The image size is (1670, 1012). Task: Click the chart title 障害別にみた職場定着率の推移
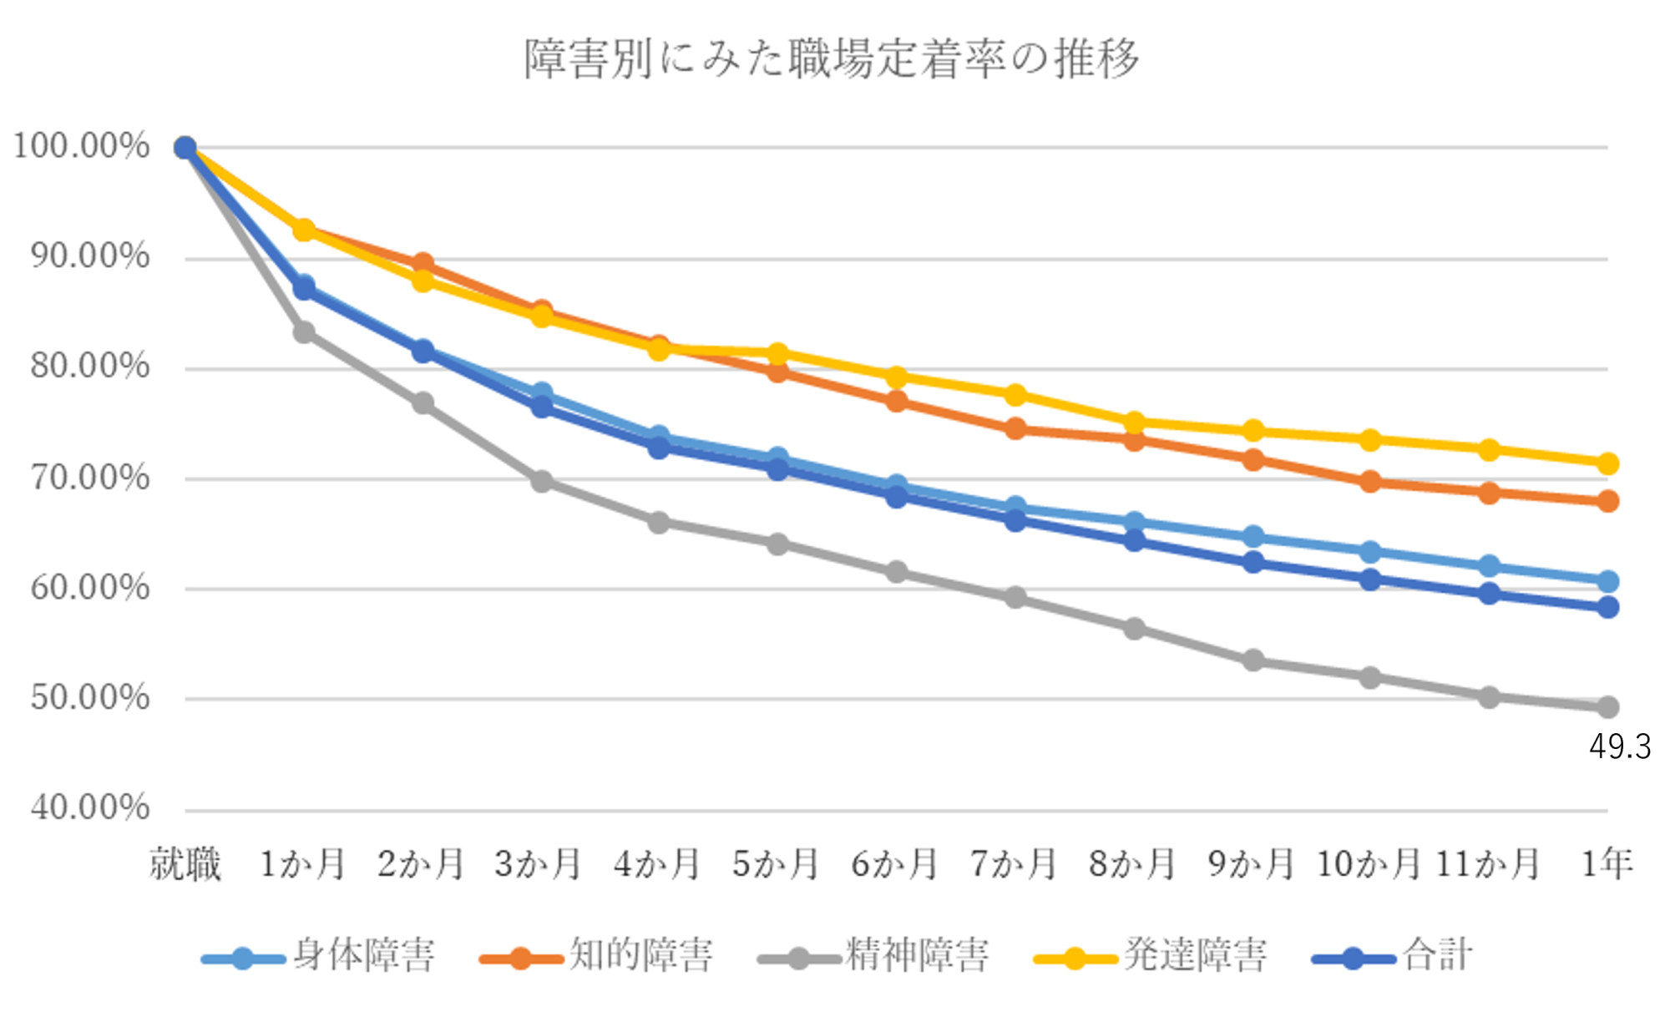pyautogui.click(x=831, y=59)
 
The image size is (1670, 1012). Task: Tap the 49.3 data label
pyautogui.click(x=1619, y=746)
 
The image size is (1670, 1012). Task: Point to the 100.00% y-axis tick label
pyautogui.click(x=81, y=146)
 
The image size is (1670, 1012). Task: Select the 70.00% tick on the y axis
pyautogui.click(x=89, y=478)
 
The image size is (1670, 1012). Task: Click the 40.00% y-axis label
pyautogui.click(x=89, y=807)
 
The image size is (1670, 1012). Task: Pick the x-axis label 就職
pyautogui.click(x=185, y=863)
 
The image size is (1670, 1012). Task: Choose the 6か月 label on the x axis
pyautogui.click(x=894, y=863)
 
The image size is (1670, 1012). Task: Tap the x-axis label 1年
pyautogui.click(x=1607, y=863)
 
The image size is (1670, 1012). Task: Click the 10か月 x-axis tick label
pyautogui.click(x=1369, y=863)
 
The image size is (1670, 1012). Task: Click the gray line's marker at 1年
pyautogui.click(x=1607, y=707)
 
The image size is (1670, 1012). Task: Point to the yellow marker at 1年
pyautogui.click(x=1607, y=463)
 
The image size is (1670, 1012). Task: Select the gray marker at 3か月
pyautogui.click(x=542, y=481)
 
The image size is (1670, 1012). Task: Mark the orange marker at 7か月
pyautogui.click(x=1015, y=429)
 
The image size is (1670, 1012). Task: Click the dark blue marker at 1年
pyautogui.click(x=1607, y=607)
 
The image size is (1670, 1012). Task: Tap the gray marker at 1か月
pyautogui.click(x=304, y=332)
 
